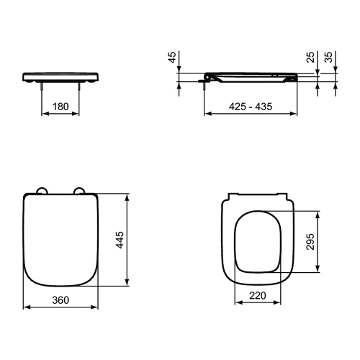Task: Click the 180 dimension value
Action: [x=60, y=107]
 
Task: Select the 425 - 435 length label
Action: [x=251, y=107]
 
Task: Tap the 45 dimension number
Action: [x=173, y=57]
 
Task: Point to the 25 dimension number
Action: [x=310, y=57]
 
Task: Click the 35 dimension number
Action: [x=328, y=57]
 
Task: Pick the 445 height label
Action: [x=120, y=240]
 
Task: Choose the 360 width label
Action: [x=60, y=300]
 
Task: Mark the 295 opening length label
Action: [x=310, y=241]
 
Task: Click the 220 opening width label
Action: [x=258, y=295]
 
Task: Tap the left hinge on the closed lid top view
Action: [x=42, y=190]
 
